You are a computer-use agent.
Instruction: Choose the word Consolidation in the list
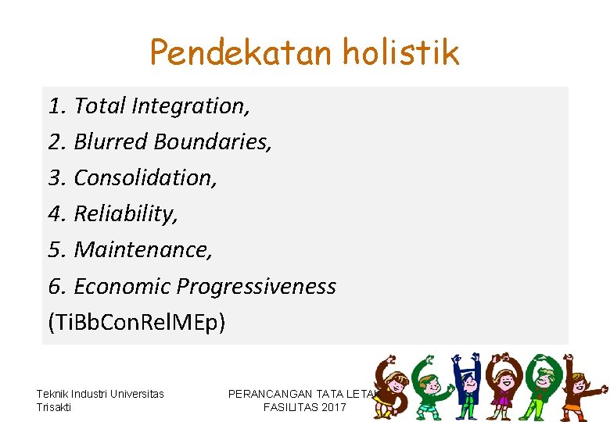(x=145, y=177)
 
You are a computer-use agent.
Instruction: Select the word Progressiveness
(x=257, y=286)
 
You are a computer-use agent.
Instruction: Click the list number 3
(x=55, y=177)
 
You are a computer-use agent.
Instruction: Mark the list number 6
(x=55, y=286)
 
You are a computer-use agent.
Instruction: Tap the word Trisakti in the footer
(x=54, y=407)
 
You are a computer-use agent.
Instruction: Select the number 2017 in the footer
(x=333, y=407)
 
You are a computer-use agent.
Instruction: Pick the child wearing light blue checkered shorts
(x=430, y=387)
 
